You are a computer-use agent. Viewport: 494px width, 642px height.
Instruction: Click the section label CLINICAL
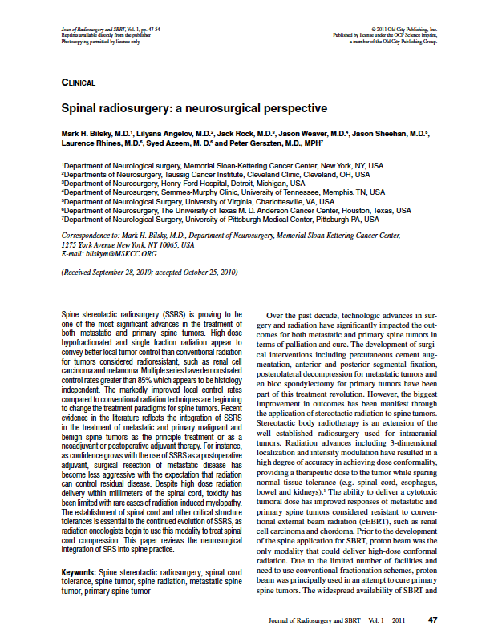(x=79, y=83)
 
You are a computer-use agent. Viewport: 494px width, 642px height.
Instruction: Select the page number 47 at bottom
(x=433, y=620)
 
